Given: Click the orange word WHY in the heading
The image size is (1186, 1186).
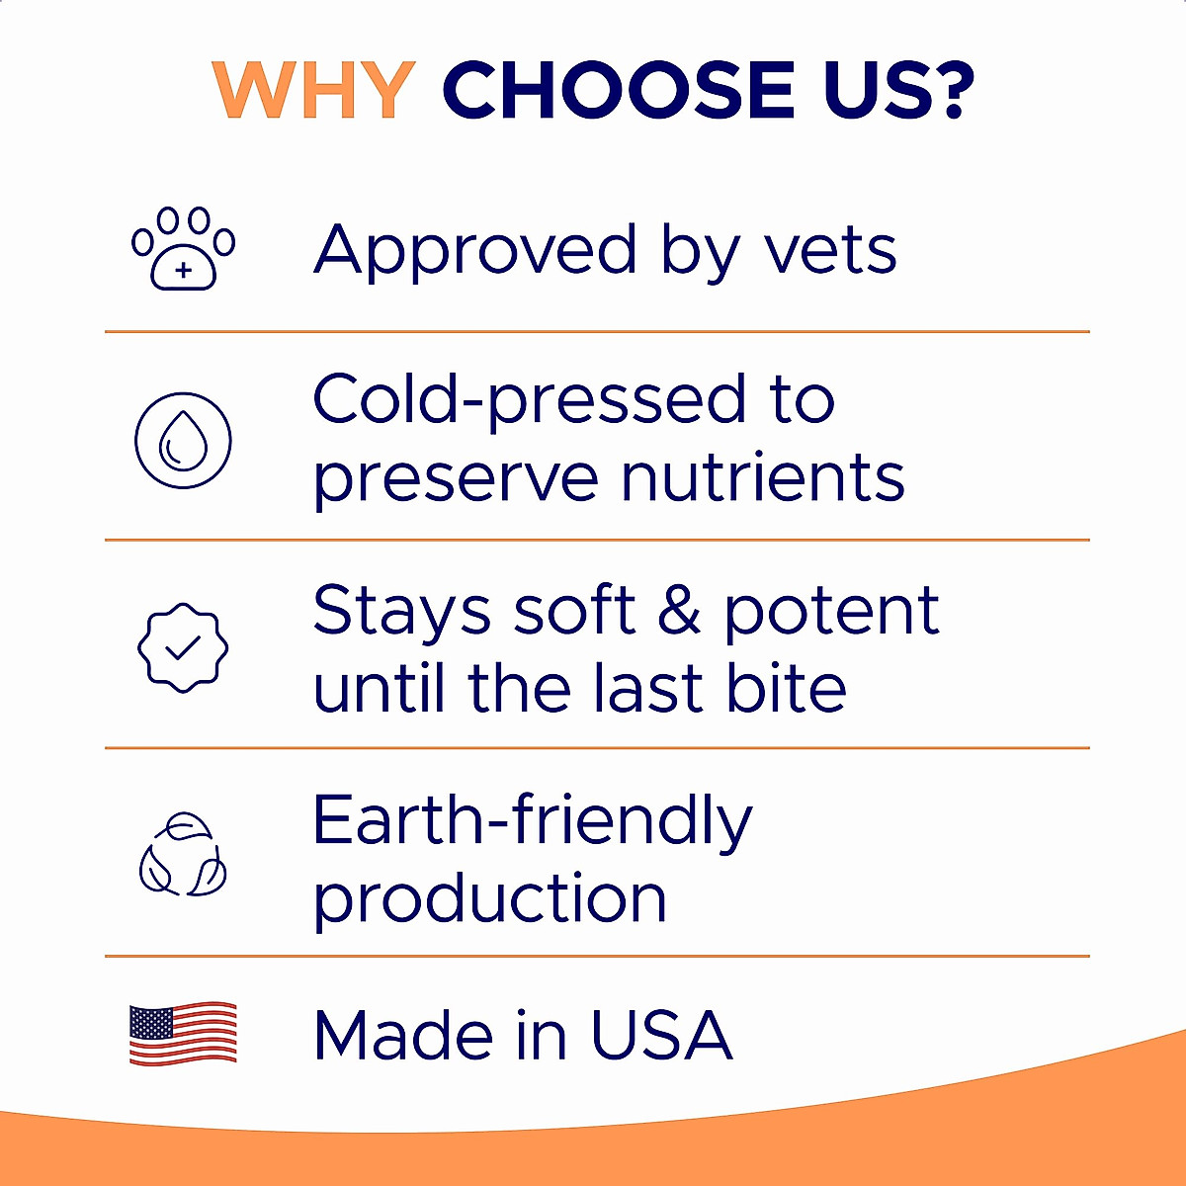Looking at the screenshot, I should (x=313, y=90).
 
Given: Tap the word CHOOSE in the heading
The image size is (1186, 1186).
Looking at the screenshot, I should (x=619, y=90).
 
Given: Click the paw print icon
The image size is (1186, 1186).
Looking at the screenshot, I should (x=184, y=248).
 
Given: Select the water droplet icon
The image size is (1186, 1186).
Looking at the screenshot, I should (x=183, y=441).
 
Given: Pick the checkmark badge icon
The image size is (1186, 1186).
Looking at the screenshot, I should (x=183, y=647).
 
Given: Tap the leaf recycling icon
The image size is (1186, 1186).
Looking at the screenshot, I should (x=183, y=856).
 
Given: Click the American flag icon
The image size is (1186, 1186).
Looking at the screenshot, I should (x=183, y=1034).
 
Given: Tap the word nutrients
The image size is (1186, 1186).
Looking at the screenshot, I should (x=762, y=478).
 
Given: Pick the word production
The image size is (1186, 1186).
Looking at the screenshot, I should (x=490, y=899).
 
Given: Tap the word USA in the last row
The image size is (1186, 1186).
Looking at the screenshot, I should (x=661, y=1035).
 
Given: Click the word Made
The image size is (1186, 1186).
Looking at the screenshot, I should (x=403, y=1035).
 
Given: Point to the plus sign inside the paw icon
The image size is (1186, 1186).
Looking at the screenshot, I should (x=183, y=270).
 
